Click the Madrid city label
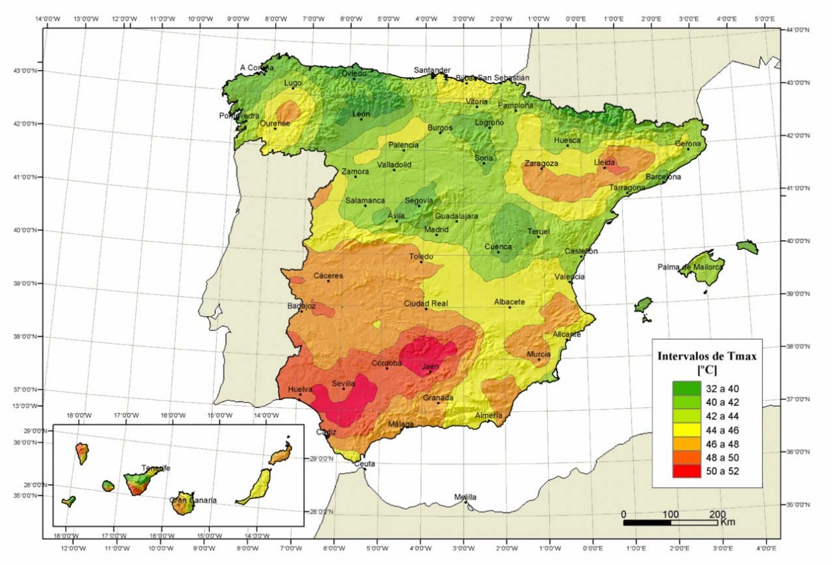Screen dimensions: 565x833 [x=436, y=229]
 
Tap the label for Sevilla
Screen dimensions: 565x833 [x=344, y=383]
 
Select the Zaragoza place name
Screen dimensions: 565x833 [x=541, y=163]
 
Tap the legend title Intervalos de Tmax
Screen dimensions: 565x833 [x=706, y=356]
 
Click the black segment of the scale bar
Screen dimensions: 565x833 [x=647, y=523]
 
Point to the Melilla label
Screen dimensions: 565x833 [x=465, y=497]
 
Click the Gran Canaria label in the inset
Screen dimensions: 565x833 [x=193, y=501]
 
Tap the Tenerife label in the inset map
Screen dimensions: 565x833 [x=155, y=468]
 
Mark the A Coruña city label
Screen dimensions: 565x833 [x=257, y=68]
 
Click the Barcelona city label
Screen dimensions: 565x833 [x=663, y=177]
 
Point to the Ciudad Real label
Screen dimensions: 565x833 [x=426, y=303]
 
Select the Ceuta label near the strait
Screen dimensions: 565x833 [x=364, y=464]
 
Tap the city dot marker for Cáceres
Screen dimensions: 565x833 [x=328, y=281]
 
